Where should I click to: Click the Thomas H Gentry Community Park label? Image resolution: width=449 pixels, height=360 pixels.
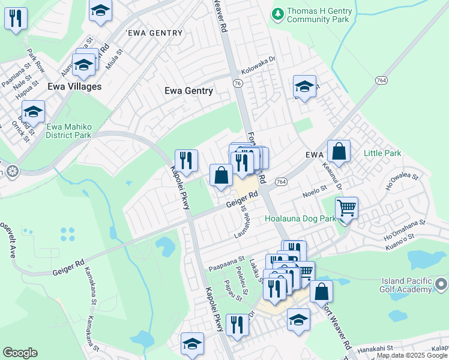tap(318, 16)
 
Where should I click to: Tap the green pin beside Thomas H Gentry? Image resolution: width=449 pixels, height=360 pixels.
tap(277, 13)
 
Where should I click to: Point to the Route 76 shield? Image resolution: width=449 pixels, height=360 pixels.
tap(238, 84)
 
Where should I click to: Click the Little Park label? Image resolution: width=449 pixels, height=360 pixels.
tap(382, 154)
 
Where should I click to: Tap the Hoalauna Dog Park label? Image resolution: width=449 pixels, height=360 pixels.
tap(300, 219)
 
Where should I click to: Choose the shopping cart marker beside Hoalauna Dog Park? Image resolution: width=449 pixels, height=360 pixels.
tap(346, 209)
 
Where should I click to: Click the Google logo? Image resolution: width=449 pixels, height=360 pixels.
tap(20, 353)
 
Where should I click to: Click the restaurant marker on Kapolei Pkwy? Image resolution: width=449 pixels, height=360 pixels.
tap(186, 161)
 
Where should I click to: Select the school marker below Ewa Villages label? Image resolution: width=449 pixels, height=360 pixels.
tap(33, 112)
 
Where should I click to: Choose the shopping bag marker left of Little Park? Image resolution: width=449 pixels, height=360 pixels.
tap(339, 152)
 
